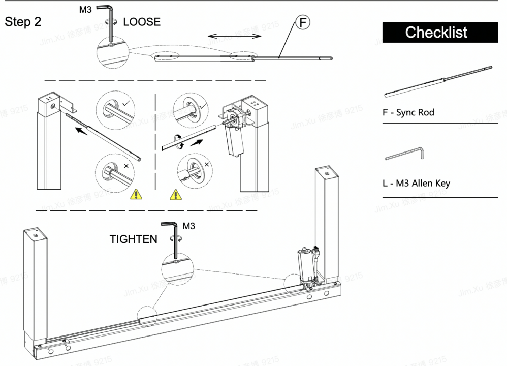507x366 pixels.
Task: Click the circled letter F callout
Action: coord(303,23)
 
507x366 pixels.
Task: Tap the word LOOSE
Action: coord(142,22)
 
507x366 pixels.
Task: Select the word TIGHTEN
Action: coord(133,239)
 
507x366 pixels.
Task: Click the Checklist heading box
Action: coord(436,33)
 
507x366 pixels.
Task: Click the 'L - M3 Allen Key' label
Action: coord(416,183)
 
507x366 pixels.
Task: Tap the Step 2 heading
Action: coord(23,22)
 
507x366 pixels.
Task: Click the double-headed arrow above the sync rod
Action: coord(234,36)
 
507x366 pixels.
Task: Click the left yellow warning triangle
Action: coord(136,194)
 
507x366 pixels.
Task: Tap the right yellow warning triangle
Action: coord(175,194)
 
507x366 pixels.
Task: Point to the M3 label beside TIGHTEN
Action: coord(188,226)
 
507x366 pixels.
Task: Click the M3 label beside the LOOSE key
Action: coord(86,9)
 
